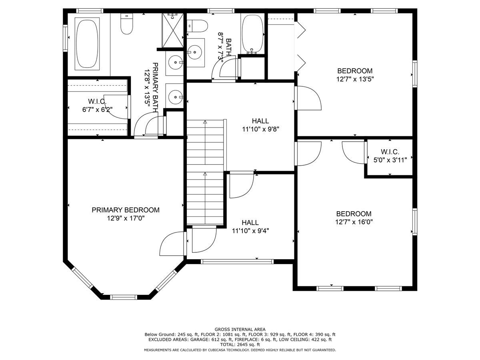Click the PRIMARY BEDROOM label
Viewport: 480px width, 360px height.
(x=126, y=210)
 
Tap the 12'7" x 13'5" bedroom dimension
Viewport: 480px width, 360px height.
(x=355, y=79)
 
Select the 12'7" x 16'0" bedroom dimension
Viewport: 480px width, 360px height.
(x=354, y=222)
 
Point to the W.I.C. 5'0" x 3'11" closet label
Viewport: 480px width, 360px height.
(x=390, y=156)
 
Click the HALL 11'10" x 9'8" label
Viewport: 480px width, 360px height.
(x=260, y=125)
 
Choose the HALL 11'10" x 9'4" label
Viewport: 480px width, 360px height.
(x=250, y=226)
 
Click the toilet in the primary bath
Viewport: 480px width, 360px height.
(x=127, y=24)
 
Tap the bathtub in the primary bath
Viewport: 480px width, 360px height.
(x=87, y=44)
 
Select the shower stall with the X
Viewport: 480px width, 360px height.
(x=173, y=30)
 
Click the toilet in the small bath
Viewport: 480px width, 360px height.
(x=197, y=26)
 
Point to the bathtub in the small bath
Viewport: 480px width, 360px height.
(x=252, y=34)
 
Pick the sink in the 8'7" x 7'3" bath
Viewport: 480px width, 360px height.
(x=195, y=52)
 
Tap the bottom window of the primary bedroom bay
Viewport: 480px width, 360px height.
(x=124, y=297)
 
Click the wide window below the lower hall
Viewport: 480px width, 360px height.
(x=237, y=262)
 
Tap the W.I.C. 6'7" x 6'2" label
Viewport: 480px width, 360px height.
(x=97, y=105)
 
